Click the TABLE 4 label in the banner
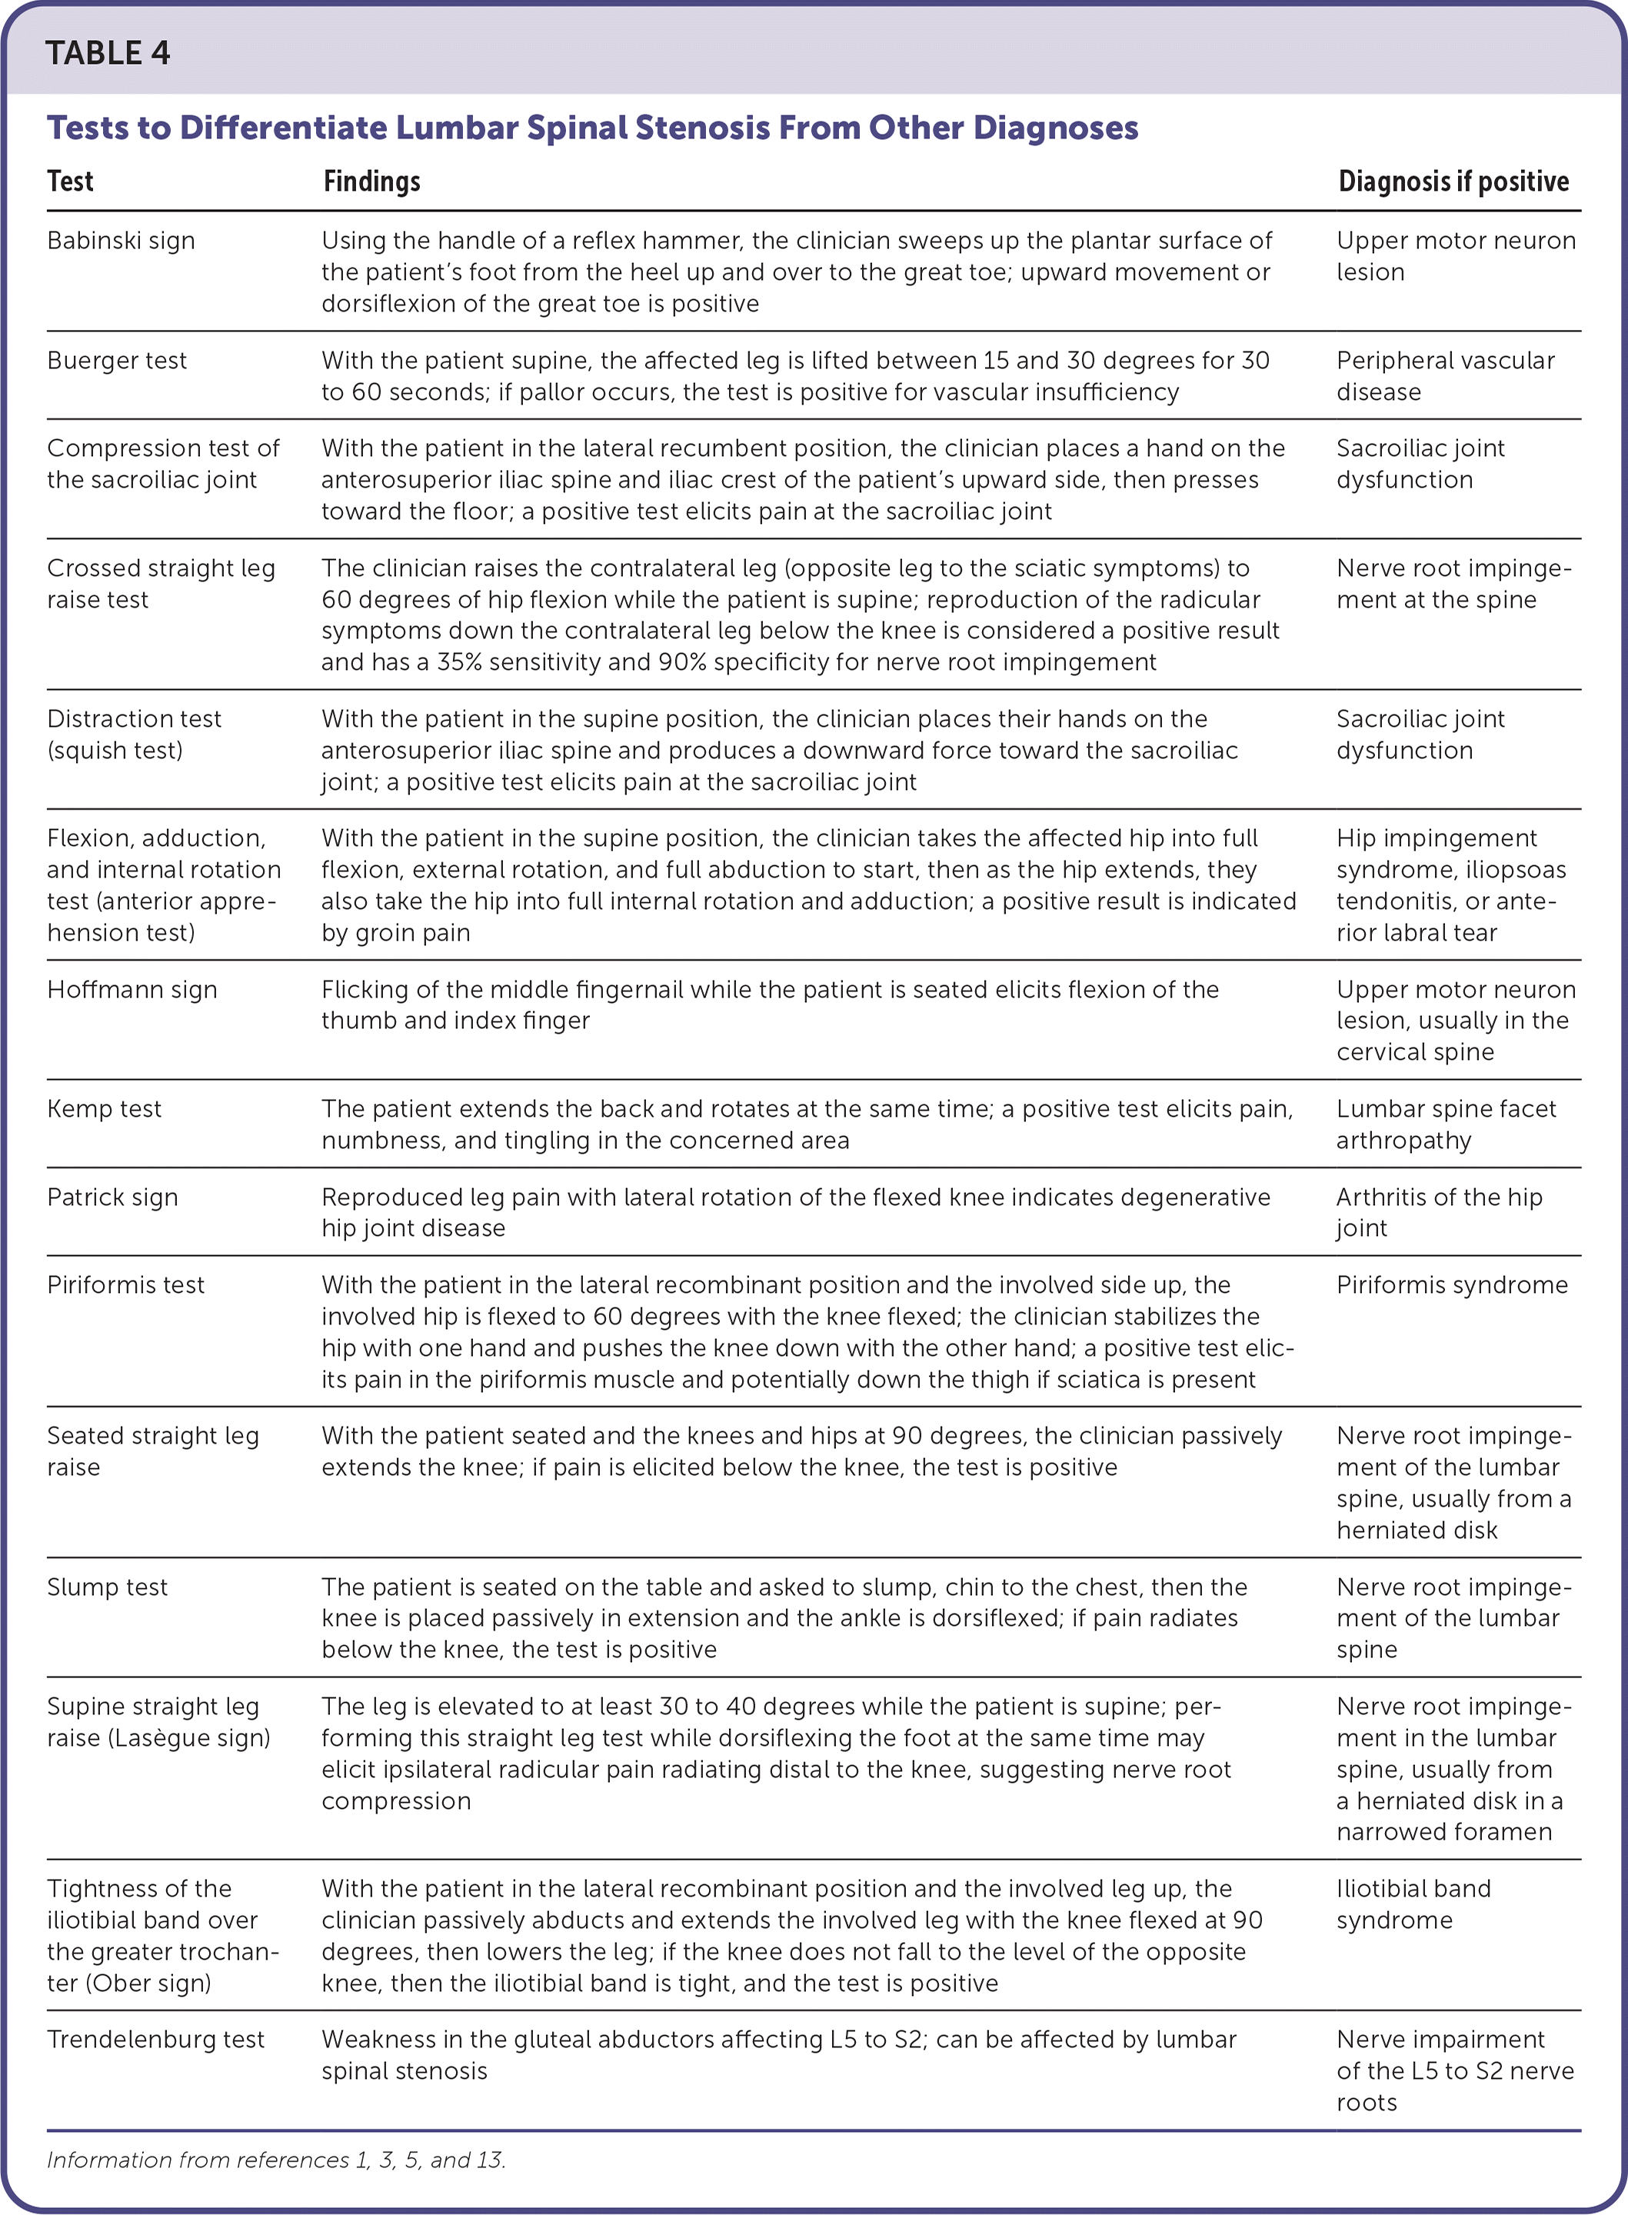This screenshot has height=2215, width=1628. (x=108, y=53)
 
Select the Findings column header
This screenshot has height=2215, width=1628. (x=371, y=182)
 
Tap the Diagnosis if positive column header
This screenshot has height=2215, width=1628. (x=1453, y=182)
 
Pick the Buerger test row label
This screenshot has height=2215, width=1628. (x=116, y=361)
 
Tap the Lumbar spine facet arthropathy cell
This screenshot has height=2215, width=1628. (x=1445, y=1124)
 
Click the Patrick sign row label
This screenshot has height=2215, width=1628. (x=112, y=1198)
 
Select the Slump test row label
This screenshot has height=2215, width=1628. (x=108, y=1587)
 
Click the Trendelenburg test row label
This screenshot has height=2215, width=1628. (x=155, y=2040)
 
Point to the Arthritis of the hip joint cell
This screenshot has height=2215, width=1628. (x=1438, y=1212)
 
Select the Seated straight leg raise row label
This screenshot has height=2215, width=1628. (x=153, y=1451)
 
